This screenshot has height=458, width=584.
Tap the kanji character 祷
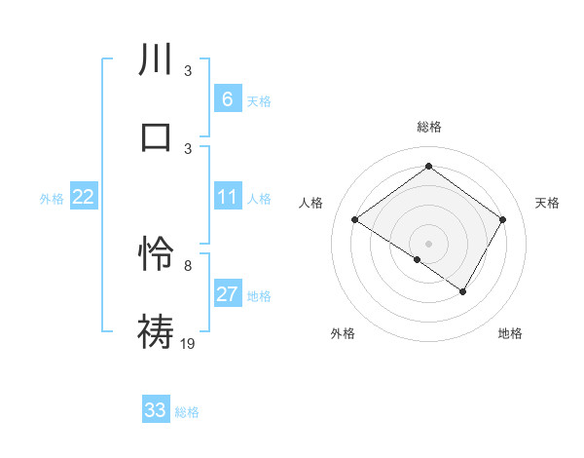157,331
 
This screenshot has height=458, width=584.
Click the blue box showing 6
227,98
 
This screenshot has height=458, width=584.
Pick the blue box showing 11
227,198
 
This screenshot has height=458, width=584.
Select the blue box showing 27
227,294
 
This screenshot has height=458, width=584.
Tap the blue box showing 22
83,198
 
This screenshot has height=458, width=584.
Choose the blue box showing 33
156,410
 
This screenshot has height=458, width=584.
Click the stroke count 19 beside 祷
189,342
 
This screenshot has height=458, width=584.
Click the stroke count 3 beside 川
188,71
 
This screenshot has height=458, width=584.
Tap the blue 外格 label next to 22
52,199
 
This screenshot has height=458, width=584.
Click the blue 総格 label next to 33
187,412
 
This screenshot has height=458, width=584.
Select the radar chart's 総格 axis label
428,127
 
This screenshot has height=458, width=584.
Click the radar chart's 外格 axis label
343,333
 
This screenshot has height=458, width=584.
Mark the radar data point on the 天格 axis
502,220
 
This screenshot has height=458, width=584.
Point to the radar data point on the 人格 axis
355,220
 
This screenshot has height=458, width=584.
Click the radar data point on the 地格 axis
463,291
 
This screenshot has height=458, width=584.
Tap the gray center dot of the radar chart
428,243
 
